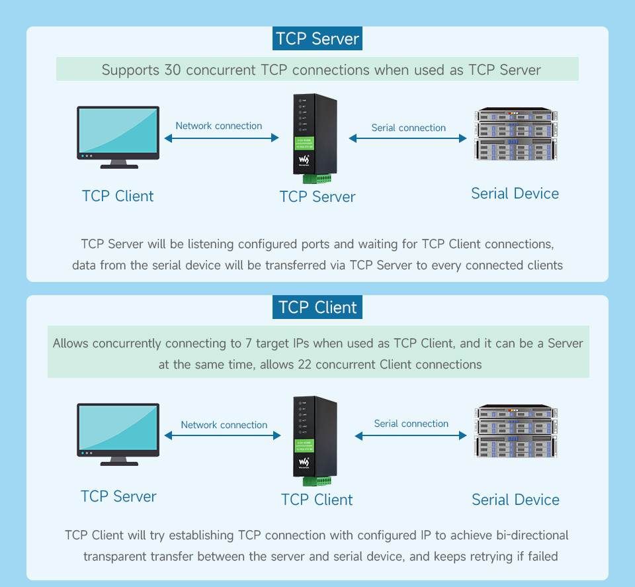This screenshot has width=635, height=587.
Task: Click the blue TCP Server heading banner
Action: [x=317, y=38]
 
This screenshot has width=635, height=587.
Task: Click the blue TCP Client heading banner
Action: [x=317, y=307]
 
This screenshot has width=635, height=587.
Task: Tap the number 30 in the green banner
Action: [x=173, y=69]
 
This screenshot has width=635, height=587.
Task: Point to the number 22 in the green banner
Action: [x=304, y=364]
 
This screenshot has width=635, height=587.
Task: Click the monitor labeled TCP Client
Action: [x=118, y=138]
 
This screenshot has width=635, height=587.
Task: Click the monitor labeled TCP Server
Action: [x=118, y=434]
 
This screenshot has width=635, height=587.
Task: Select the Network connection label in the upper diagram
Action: [x=219, y=126]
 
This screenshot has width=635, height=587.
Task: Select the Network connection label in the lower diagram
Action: [x=224, y=425]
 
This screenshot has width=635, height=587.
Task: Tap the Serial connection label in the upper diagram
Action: [x=409, y=128]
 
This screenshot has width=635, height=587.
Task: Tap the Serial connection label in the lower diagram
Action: [x=411, y=424]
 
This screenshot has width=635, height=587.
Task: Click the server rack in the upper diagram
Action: [x=516, y=134]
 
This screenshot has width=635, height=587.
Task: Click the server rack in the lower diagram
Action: [x=516, y=431]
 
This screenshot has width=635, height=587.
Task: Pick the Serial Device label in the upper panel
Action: [x=515, y=194]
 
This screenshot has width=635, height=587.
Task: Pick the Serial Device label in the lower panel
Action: [x=515, y=500]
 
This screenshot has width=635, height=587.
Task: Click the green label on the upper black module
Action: [x=304, y=144]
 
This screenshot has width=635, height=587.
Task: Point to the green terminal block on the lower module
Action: [x=317, y=481]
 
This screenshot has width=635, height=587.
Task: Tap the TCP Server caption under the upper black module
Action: [x=317, y=197]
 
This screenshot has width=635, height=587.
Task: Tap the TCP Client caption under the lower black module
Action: [x=317, y=500]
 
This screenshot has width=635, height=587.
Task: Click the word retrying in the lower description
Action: [x=482, y=557]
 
